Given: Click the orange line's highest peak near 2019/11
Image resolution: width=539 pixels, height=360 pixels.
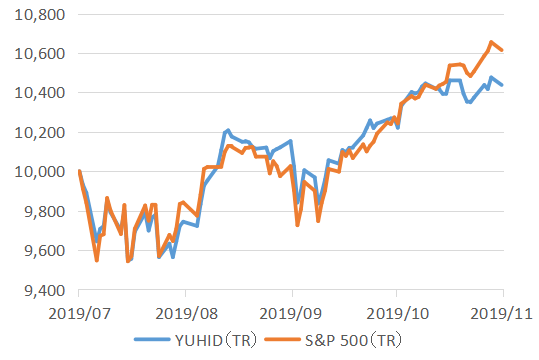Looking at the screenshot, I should pyautogui.click(x=490, y=42).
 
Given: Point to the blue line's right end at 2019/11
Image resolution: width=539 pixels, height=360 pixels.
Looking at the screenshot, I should pyautogui.click(x=502, y=85).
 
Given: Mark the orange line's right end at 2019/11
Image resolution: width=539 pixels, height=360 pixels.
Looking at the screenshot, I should pyautogui.click(x=502, y=51).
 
